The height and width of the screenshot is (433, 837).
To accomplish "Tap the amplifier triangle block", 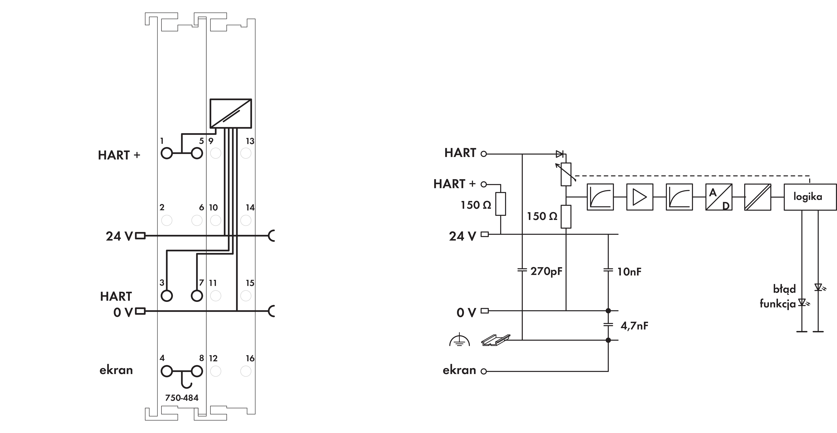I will tap(639, 197).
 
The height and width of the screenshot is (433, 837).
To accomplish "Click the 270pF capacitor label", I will tap(546, 271).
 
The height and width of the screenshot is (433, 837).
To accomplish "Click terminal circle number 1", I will tap(167, 153).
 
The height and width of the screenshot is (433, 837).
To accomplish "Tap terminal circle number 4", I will tap(167, 371).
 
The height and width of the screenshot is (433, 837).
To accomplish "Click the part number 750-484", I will tap(182, 398).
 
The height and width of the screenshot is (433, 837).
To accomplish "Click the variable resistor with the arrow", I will tap(566, 174).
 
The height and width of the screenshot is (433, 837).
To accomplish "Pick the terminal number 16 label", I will tap(250, 358).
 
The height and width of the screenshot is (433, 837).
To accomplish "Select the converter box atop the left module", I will tap(231, 113).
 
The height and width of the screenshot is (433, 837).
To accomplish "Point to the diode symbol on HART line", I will tap(560, 154).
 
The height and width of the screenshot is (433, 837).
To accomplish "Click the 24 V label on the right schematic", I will tap(462, 236).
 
